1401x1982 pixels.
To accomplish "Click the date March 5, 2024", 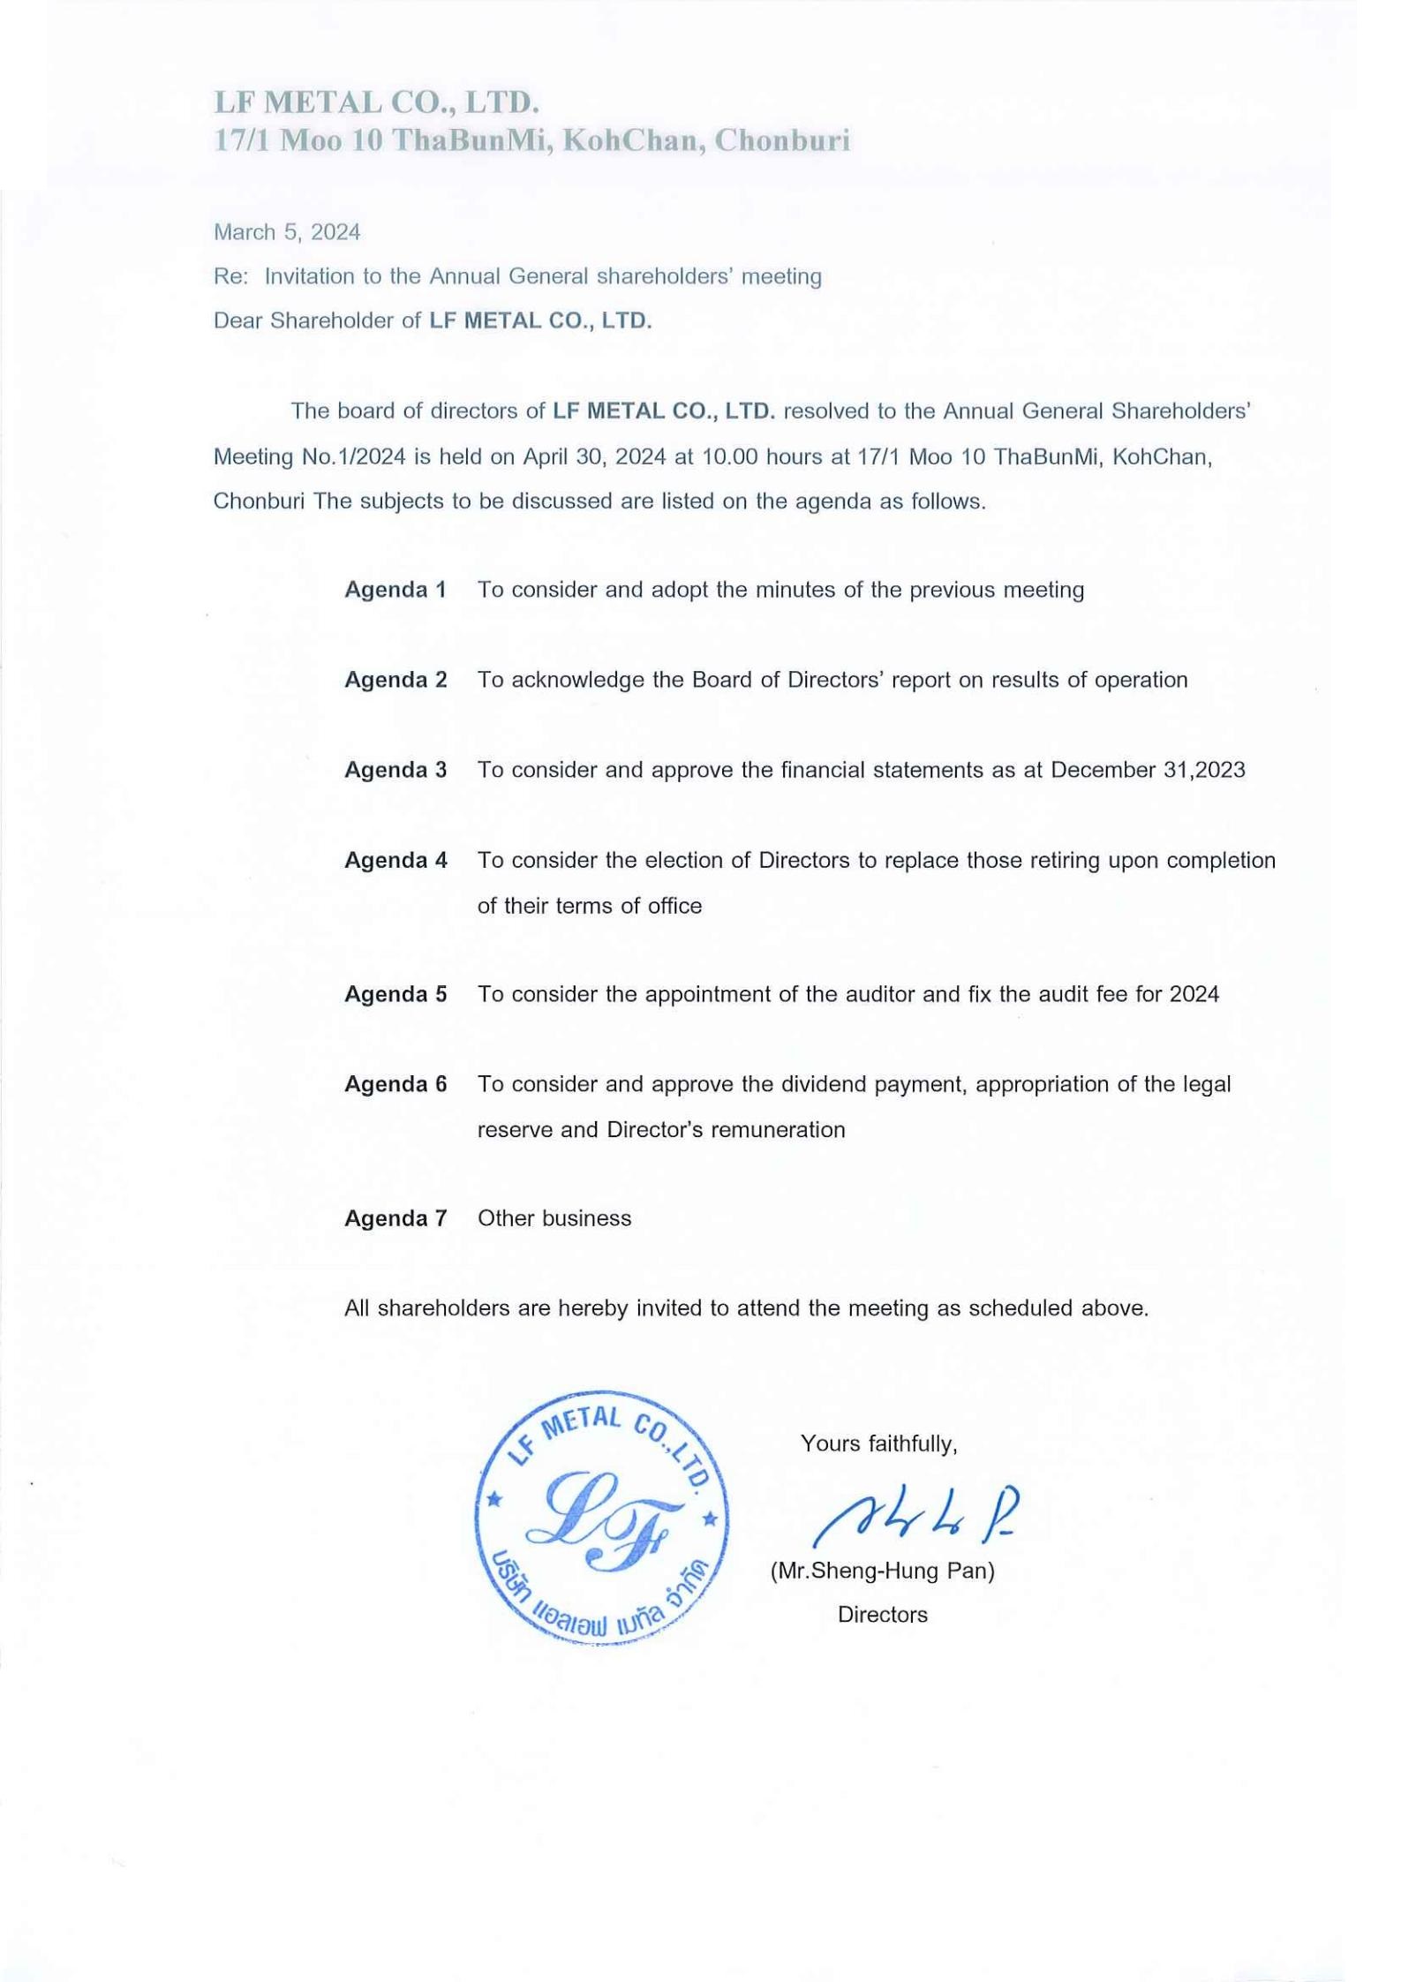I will pyautogui.click(x=287, y=232).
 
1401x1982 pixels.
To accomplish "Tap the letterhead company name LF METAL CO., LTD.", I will pyautogui.click(x=376, y=102).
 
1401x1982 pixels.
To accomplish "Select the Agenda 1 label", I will pyautogui.click(x=395, y=590).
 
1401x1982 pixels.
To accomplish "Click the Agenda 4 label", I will pyautogui.click(x=395, y=860).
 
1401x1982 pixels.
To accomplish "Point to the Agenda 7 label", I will pyautogui.click(x=395, y=1218).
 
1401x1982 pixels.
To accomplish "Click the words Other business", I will pyautogui.click(x=554, y=1218).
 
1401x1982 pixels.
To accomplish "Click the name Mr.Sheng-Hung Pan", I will pyautogui.click(x=882, y=1571).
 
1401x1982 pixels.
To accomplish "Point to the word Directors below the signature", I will pyautogui.click(x=882, y=1615).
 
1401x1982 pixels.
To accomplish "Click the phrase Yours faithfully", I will pyautogui.click(x=878, y=1443).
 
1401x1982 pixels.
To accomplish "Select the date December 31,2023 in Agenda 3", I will pyautogui.click(x=1148, y=770).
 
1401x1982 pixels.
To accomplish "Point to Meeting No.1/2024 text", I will pyautogui.click(x=309, y=456).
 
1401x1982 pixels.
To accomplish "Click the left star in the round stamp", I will pyautogui.click(x=494, y=1498).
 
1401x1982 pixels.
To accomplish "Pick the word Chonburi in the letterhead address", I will pyautogui.click(x=782, y=140).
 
